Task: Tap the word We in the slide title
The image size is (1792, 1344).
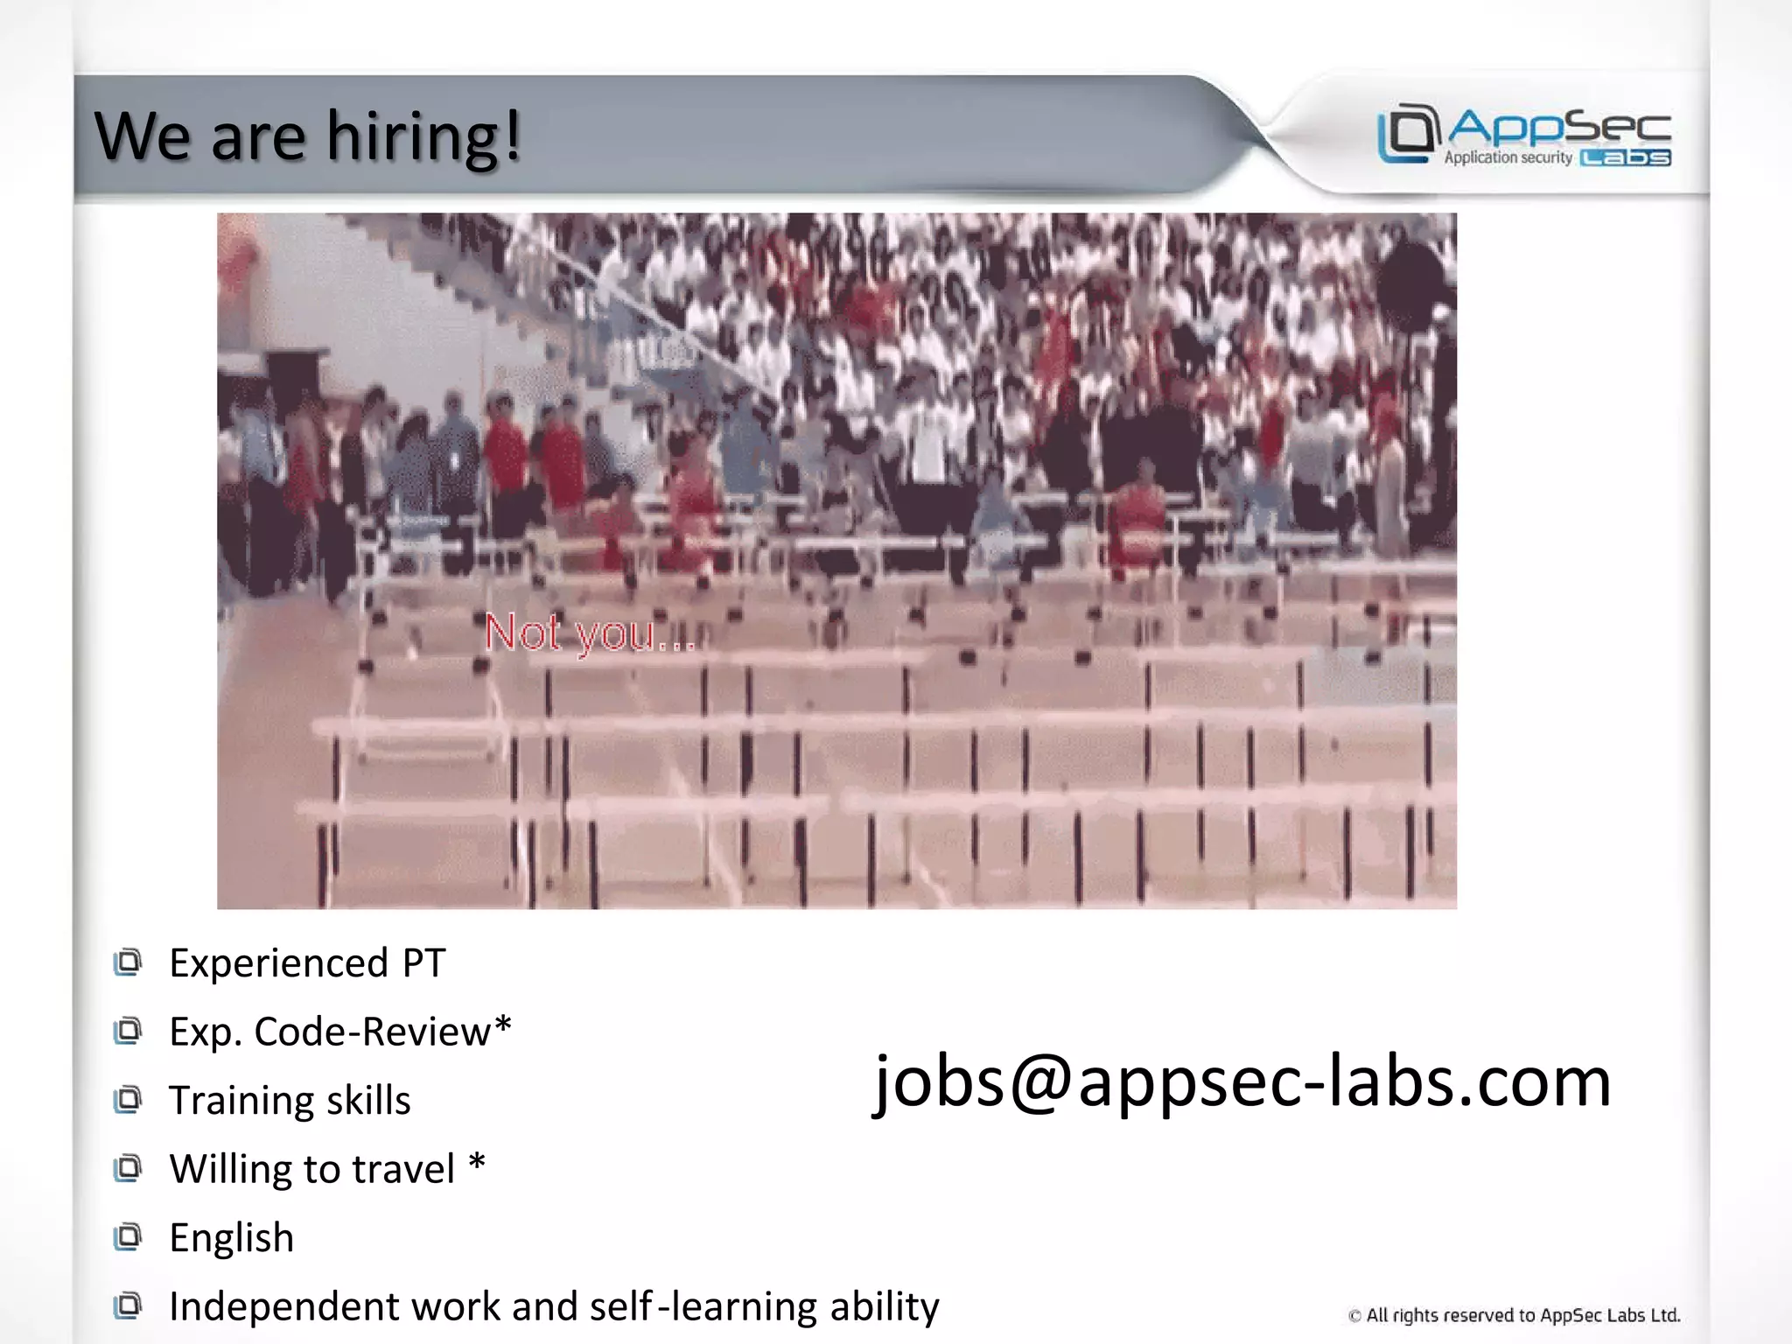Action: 142,137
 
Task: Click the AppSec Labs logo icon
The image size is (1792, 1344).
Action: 1408,133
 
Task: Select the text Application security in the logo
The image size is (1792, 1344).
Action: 1508,157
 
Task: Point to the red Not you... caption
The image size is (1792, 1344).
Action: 589,633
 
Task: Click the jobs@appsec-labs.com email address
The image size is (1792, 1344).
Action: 1242,1081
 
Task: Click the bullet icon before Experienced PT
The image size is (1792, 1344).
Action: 128,962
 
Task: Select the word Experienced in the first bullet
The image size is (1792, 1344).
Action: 278,963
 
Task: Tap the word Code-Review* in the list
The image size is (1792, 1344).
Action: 382,1032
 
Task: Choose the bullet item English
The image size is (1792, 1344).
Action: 231,1237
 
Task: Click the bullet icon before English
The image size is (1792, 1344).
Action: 128,1237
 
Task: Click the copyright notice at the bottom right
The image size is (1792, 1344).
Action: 1514,1315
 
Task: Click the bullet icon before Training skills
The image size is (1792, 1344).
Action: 128,1100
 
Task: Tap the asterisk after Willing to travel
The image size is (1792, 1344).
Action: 477,1163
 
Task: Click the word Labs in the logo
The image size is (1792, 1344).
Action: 1626,157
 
